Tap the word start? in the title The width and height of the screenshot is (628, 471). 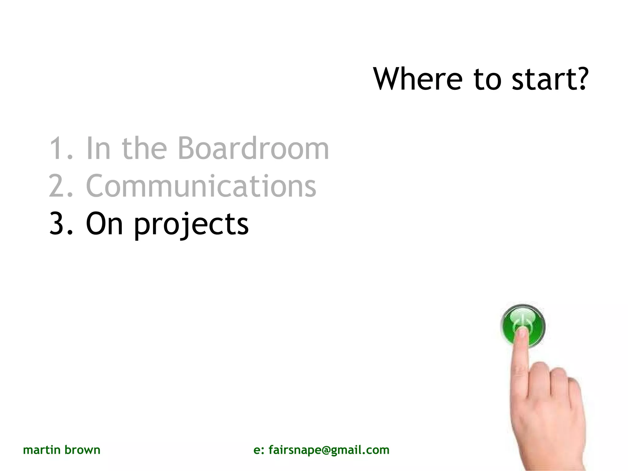coord(550,79)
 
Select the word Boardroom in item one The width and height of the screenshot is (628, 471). coord(253,149)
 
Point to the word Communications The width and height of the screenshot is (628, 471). coord(201,186)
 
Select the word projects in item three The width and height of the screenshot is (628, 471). coord(191,225)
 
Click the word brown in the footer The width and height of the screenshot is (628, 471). coord(82,450)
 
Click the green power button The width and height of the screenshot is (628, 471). coord(523,325)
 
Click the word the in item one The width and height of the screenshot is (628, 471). coord(144,149)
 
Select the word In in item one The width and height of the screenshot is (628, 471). coord(98,149)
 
